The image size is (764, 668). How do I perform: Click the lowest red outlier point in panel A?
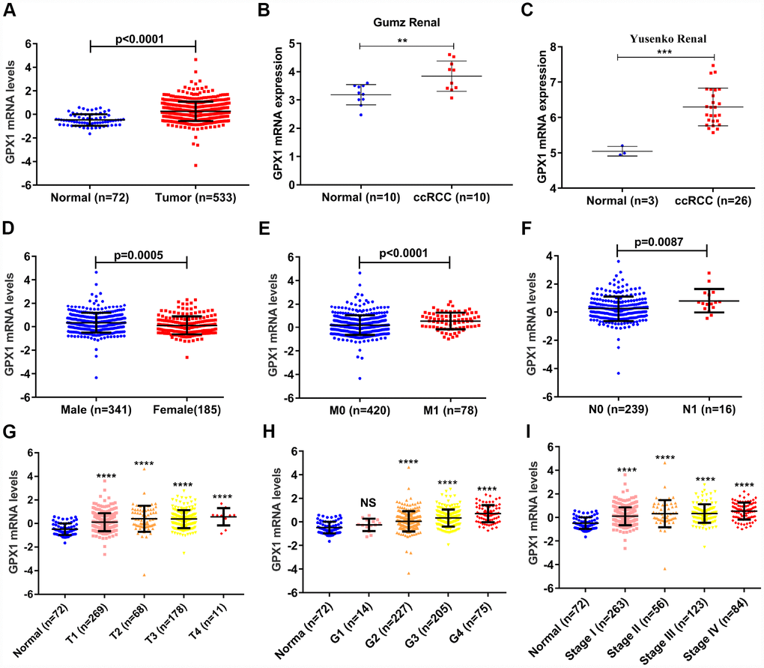(x=195, y=165)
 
